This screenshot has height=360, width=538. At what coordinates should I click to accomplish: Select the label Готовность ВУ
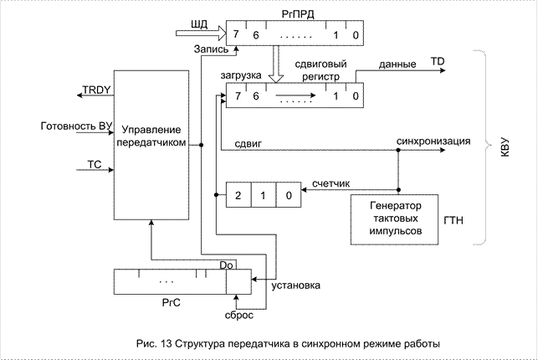tap(75, 126)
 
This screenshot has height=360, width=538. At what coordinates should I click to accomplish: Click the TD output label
tap(438, 62)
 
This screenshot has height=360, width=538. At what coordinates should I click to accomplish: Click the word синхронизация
tap(436, 141)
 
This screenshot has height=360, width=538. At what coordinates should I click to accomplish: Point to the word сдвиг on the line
tap(249, 144)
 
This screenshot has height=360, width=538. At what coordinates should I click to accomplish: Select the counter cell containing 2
tap(238, 195)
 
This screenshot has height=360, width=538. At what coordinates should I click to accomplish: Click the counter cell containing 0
tap(289, 195)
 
